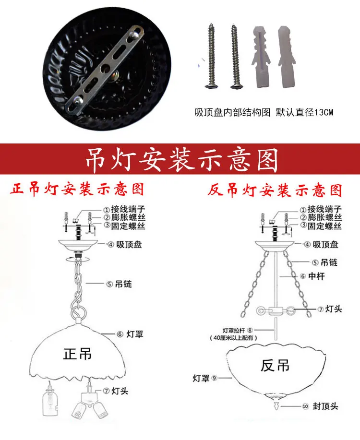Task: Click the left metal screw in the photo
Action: coord(211,56)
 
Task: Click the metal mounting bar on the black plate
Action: coord(105,70)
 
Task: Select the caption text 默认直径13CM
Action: coord(305,113)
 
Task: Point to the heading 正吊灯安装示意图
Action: coord(77,189)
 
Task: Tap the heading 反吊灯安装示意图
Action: coord(275,190)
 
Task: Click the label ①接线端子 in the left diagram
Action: coord(124,209)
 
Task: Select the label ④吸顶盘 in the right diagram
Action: coord(321,245)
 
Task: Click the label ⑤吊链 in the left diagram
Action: coord(119,284)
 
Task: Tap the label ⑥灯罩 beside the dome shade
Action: coord(130,334)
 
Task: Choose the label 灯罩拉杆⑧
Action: coord(238,330)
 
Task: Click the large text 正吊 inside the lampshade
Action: coord(77,354)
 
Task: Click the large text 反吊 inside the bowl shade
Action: coord(275,366)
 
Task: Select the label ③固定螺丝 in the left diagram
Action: coord(124,226)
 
